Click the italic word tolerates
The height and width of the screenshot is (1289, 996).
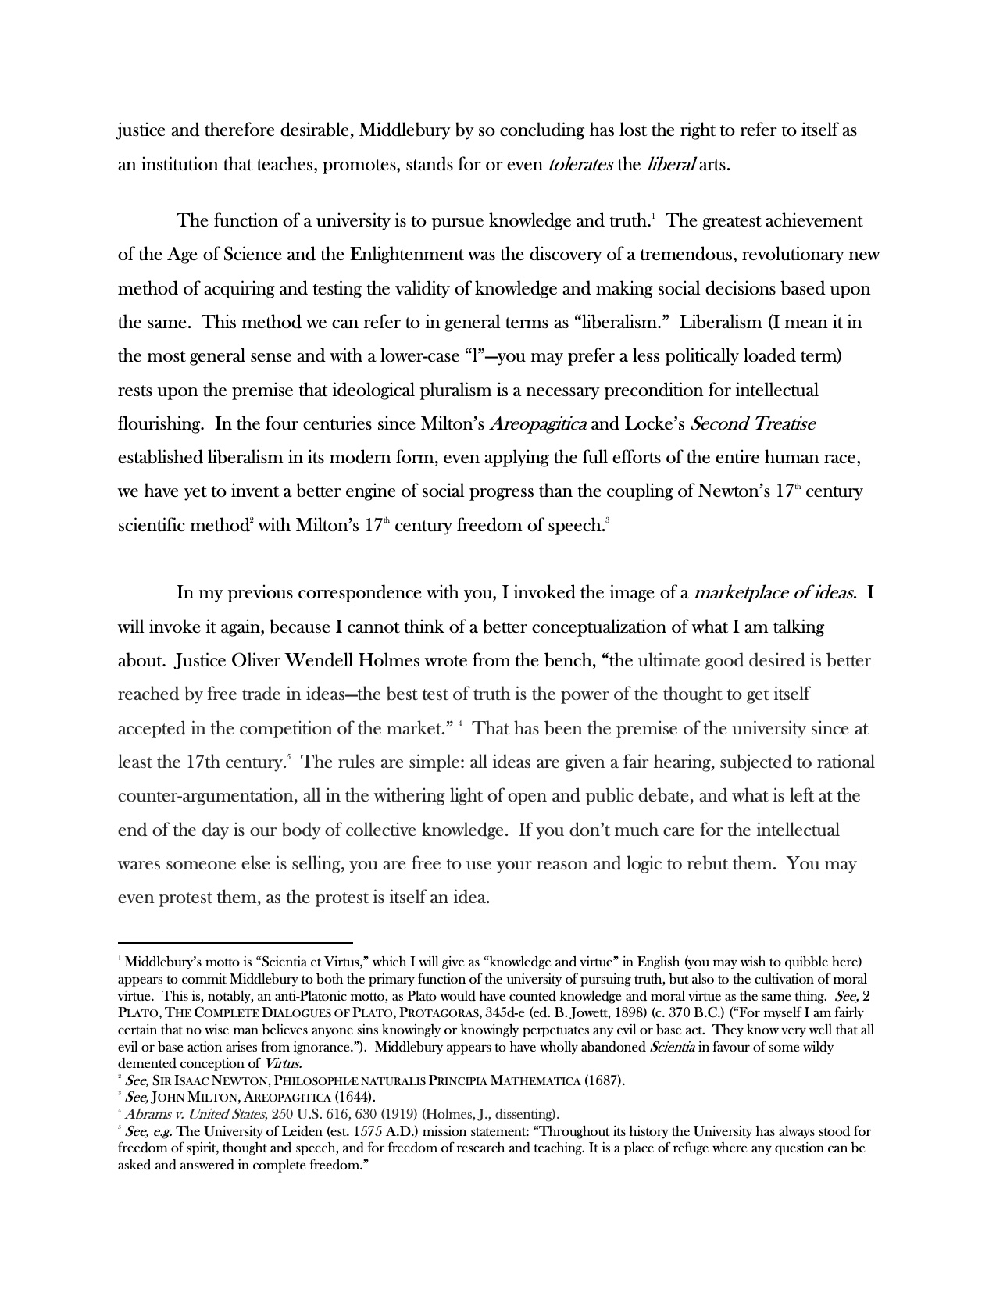coord(580,165)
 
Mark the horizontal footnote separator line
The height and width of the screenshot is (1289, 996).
coord(235,944)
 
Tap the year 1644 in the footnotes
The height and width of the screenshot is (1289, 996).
coord(355,1098)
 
